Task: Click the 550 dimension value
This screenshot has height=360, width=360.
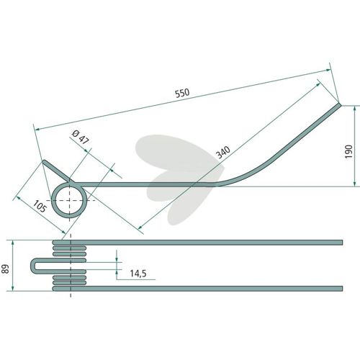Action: pos(182,93)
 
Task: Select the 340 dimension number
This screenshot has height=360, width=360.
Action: pos(223,152)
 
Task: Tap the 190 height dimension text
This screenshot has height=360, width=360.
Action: pos(348,151)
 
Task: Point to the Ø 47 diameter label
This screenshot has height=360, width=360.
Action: pos(81,138)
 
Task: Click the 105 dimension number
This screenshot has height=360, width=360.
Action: pos(40,207)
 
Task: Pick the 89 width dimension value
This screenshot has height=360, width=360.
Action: pos(5,269)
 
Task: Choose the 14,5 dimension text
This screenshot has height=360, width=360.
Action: pos(138,274)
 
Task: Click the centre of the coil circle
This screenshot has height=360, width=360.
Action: pos(69,200)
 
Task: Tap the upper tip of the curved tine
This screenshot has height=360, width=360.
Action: pos(339,104)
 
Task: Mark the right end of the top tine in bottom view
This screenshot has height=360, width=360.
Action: pos(342,243)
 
